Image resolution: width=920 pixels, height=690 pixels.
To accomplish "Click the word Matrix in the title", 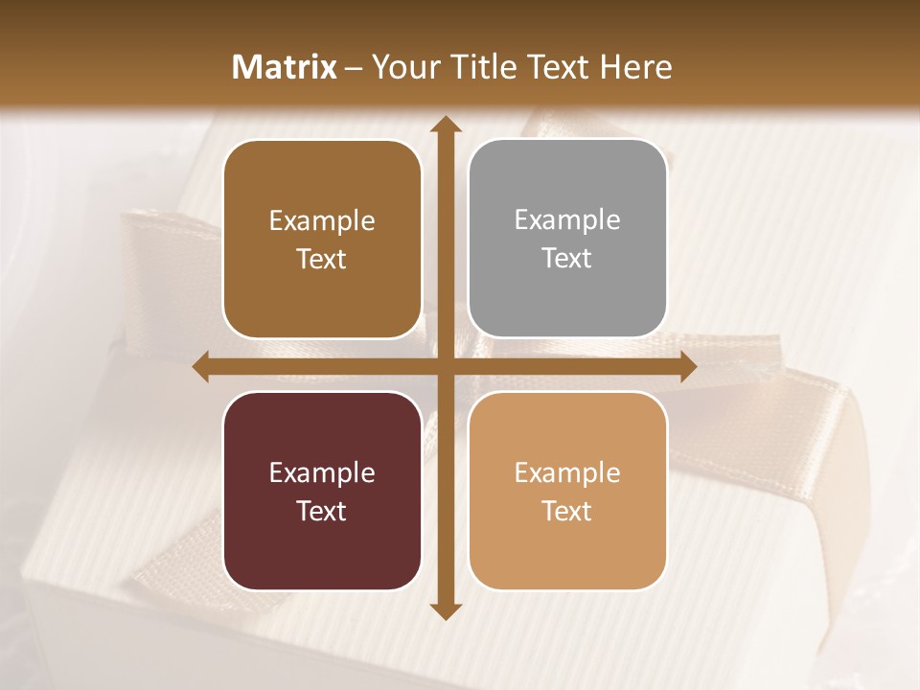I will (284, 67).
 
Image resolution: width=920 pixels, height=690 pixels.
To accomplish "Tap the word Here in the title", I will (635, 67).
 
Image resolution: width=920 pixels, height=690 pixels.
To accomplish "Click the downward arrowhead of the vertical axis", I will (443, 610).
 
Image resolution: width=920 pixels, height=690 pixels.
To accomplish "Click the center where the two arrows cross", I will (443, 367).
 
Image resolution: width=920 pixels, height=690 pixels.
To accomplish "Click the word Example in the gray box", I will (567, 220).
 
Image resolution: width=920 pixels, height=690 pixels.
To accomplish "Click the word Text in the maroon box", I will (322, 511).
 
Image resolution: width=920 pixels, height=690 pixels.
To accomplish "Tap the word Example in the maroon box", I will (322, 473).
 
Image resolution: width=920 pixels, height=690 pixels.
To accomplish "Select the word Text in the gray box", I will (567, 258).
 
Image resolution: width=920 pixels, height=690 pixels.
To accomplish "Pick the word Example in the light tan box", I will (567, 473).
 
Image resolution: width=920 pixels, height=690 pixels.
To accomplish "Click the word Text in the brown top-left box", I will (322, 259).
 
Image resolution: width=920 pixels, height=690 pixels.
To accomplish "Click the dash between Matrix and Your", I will (354, 68).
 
